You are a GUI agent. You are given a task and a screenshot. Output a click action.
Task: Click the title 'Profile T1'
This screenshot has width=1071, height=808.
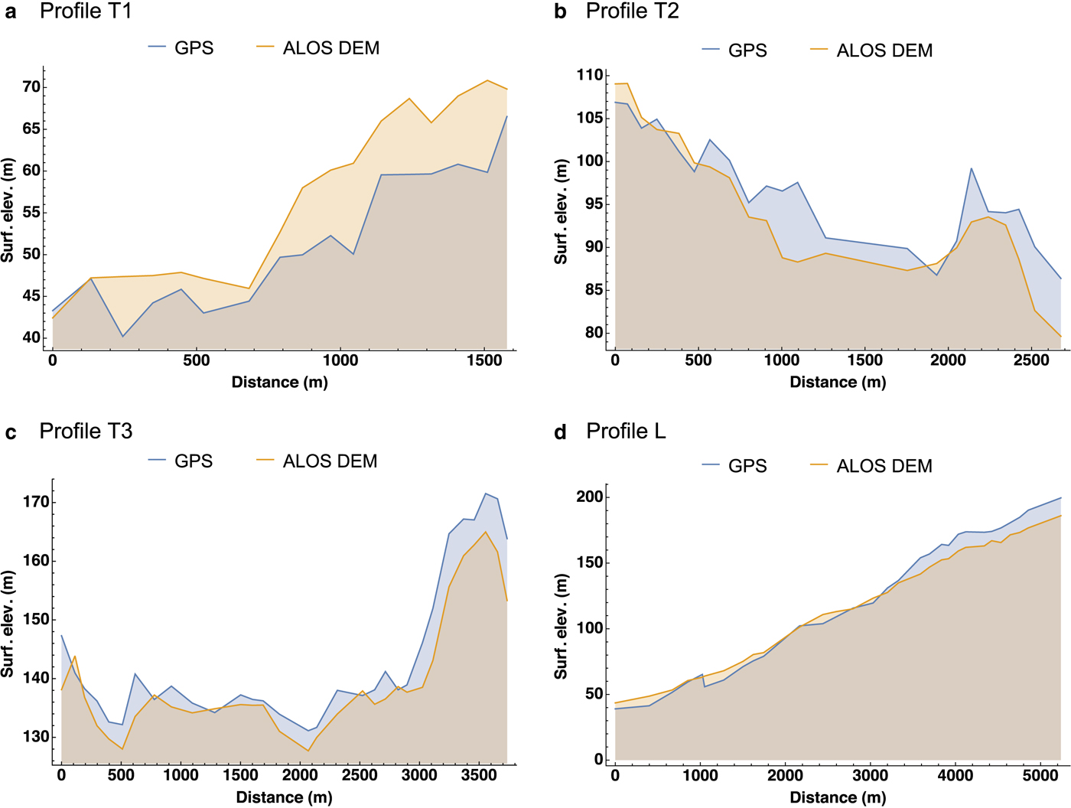pos(86,11)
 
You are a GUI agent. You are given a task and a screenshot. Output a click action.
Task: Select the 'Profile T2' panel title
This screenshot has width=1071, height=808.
pos(632,11)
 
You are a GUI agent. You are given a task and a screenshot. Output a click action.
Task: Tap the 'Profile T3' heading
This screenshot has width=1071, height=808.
pos(86,432)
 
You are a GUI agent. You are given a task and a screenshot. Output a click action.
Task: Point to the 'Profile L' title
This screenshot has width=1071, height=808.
pos(626,432)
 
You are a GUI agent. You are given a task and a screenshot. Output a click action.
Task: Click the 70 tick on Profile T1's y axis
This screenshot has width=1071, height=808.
pos(31,86)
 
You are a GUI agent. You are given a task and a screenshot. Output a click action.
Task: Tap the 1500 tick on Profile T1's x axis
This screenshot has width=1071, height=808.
pos(484,360)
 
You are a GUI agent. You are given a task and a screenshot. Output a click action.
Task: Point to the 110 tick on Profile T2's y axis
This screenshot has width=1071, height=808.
pos(590,75)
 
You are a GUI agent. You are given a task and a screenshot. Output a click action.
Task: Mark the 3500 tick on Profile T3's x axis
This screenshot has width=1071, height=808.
pos(479,775)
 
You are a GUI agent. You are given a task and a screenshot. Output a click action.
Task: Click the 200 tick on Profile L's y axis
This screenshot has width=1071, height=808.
pos(590,497)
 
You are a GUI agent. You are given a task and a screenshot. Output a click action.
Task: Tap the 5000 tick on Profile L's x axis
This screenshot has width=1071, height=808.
pos(1040,775)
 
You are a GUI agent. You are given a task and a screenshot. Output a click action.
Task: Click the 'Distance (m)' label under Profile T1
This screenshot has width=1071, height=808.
pos(279,382)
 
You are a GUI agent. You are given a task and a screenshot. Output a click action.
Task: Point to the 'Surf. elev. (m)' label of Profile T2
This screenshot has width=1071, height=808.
pos(561,212)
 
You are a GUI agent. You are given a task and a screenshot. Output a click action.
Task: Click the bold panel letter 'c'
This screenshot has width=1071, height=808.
pos(11,433)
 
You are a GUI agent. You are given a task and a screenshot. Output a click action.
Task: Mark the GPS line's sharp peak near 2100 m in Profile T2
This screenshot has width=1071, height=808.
pos(972,168)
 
